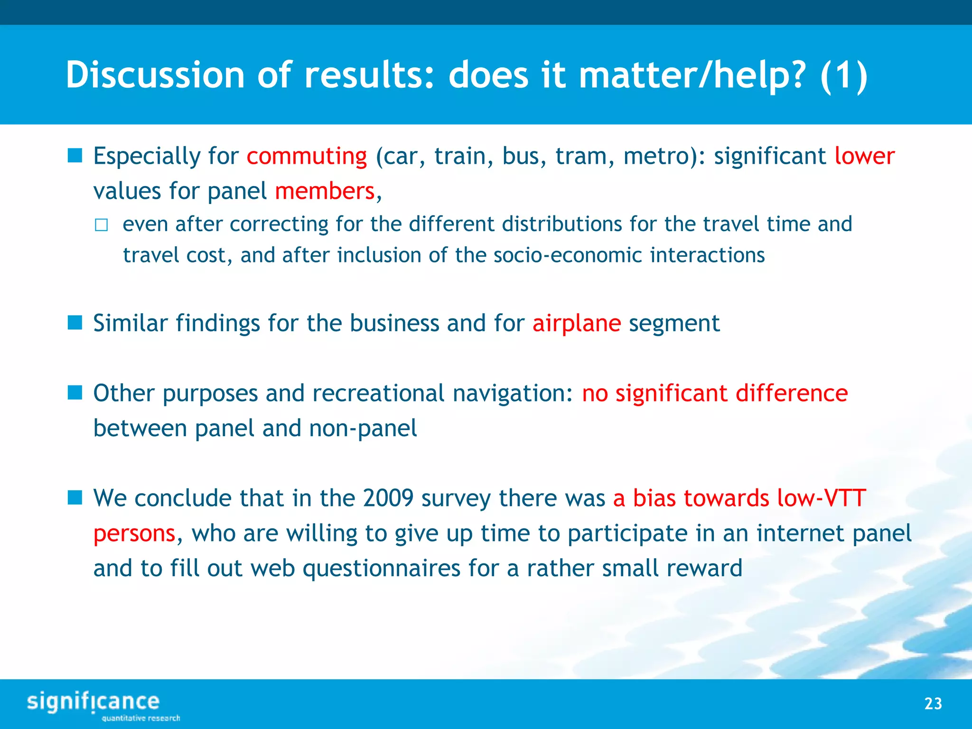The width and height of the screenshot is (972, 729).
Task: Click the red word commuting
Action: tap(307, 157)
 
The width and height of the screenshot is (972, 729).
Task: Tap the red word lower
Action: tap(864, 156)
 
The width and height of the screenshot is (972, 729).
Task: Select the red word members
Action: tap(325, 191)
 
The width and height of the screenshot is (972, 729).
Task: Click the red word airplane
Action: tap(576, 324)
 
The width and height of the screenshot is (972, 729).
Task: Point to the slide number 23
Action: tap(933, 703)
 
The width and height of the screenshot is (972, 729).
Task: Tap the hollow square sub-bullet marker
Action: tap(101, 225)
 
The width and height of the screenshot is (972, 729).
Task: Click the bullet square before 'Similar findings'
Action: tap(75, 323)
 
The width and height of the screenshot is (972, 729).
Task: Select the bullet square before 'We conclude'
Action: tap(75, 498)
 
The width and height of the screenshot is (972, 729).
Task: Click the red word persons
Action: tap(135, 533)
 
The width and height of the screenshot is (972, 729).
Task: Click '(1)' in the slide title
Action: tap(843, 75)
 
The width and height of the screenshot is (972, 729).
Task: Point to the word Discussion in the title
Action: tap(155, 75)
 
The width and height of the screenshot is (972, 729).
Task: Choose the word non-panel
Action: tap(363, 429)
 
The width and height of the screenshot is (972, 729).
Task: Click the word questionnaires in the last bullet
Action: tap(381, 569)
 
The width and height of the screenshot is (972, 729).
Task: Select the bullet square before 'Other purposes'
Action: tap(75, 393)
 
